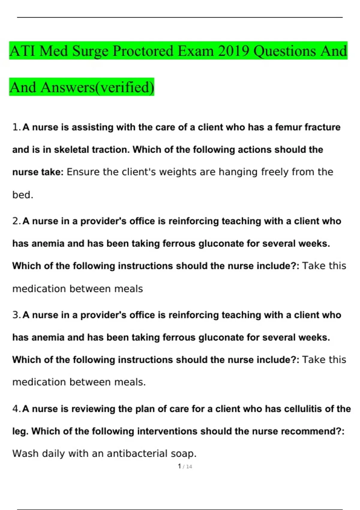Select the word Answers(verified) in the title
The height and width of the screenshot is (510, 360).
coord(97,87)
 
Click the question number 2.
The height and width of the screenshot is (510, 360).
coord(16,221)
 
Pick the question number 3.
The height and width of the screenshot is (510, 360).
coord(16,315)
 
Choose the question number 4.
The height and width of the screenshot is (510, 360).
coord(16,409)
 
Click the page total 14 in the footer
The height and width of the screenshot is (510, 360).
coord(189,467)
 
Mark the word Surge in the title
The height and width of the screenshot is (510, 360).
coord(90,51)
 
